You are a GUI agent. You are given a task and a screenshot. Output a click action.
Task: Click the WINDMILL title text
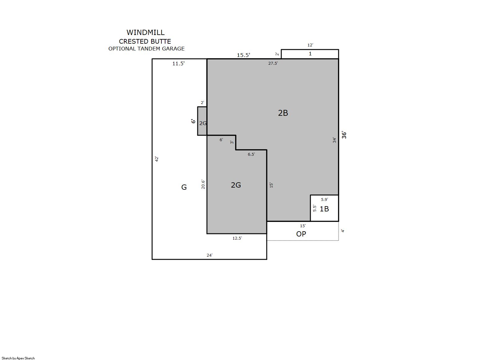click(146, 33)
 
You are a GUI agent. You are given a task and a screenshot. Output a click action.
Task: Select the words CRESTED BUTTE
click(145, 41)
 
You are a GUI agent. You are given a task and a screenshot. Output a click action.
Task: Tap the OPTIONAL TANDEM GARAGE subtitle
click(147, 49)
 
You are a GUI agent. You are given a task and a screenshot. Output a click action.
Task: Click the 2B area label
click(283, 113)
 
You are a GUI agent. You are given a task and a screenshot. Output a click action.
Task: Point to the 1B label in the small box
click(324, 209)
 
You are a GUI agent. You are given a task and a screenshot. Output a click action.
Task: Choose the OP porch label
click(301, 234)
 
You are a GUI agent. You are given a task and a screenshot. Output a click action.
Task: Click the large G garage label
click(184, 187)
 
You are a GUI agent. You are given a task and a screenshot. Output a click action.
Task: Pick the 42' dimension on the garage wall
click(157, 159)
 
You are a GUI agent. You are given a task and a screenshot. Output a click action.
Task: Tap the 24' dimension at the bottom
click(209, 255)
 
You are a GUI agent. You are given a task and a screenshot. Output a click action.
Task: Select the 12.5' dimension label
click(237, 238)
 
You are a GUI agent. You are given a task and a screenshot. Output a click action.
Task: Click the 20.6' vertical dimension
click(203, 184)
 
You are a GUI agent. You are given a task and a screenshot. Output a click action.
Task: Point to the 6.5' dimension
click(252, 154)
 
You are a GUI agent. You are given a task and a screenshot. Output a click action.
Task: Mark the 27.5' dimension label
click(273, 63)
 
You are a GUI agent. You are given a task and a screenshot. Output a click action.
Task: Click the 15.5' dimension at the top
click(243, 55)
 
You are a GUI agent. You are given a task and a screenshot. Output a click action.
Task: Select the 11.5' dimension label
click(178, 63)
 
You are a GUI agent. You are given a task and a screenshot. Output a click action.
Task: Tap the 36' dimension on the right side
click(344, 135)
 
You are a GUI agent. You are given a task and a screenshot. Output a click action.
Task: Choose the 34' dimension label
click(334, 140)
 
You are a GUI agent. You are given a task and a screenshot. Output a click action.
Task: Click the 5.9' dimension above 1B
click(324, 199)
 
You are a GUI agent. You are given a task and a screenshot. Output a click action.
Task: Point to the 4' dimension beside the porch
click(343, 231)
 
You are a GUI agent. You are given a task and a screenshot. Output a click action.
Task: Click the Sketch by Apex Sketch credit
click(18, 358)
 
